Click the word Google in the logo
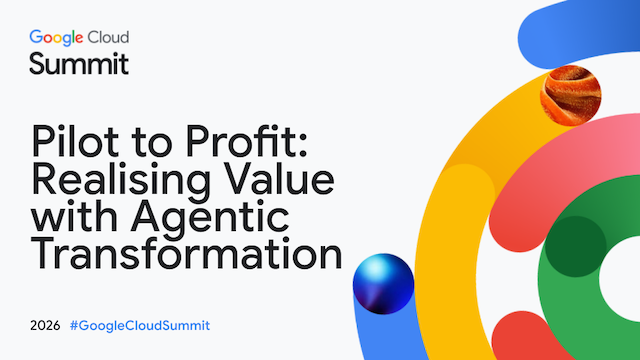coord(56,38)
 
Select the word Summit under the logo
coord(79,64)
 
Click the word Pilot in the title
coord(76,141)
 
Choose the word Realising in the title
coord(121,181)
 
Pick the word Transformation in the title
coord(187,253)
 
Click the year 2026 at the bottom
coord(45,325)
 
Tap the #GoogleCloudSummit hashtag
coord(140,325)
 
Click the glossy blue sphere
coord(383,284)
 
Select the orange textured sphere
coord(571,96)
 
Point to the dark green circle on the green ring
coord(576,247)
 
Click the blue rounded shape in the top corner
coord(580,33)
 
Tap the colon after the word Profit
coord(302,146)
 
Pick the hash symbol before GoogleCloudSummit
coord(74,325)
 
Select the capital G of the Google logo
coord(36,37)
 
